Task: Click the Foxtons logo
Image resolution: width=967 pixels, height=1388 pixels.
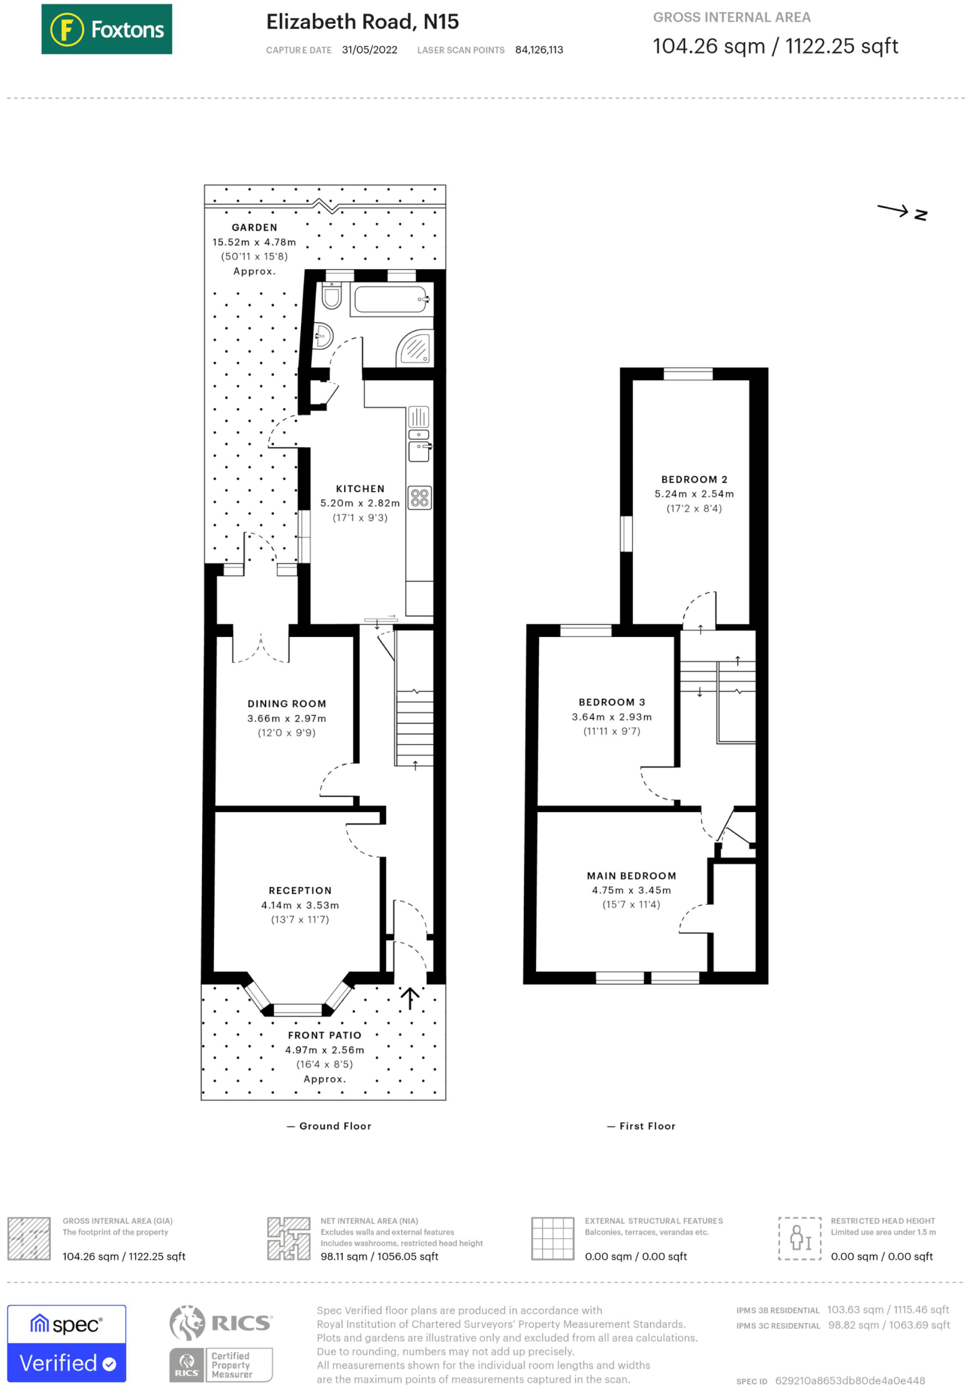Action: coord(106,29)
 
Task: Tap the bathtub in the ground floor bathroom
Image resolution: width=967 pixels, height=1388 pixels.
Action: coord(391,300)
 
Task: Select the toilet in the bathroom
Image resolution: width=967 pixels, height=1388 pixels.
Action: coord(331,295)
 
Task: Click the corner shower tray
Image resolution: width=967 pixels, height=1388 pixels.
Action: coord(415,348)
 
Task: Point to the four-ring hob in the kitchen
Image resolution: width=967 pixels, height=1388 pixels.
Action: coord(419,498)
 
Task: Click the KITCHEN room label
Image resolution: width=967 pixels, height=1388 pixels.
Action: coord(361,489)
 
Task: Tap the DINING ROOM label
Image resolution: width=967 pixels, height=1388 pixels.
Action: coord(287,704)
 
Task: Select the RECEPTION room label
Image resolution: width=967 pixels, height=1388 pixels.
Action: coord(300,891)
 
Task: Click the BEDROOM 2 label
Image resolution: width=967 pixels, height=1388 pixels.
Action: coord(695,479)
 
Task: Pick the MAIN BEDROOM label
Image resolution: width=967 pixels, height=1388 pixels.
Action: coord(632,876)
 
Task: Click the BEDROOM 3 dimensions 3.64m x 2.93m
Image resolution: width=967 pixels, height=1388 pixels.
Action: coord(612,717)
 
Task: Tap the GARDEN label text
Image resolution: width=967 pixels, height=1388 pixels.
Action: coord(254,228)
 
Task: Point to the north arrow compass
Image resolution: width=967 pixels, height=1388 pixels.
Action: coord(902,212)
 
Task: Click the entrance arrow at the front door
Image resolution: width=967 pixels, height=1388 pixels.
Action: coord(409,998)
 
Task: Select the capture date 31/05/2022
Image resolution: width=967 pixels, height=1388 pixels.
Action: coord(369,50)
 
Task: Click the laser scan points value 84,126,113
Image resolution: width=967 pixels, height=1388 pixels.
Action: coord(539,50)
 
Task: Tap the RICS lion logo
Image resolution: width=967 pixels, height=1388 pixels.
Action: coord(187,1324)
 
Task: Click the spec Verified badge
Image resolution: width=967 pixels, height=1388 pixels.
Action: coord(66,1343)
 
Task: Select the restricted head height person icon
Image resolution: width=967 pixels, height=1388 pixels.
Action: coord(800,1238)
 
